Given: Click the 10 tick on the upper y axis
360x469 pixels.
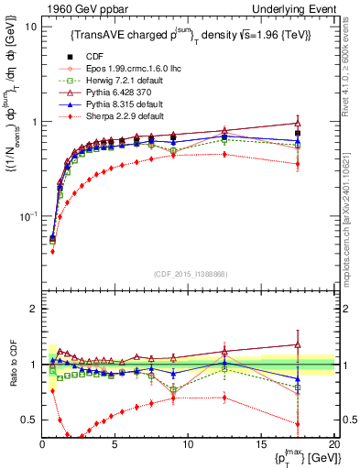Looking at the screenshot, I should coord(30,27).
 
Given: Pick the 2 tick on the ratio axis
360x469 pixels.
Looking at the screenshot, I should coord(33,309).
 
